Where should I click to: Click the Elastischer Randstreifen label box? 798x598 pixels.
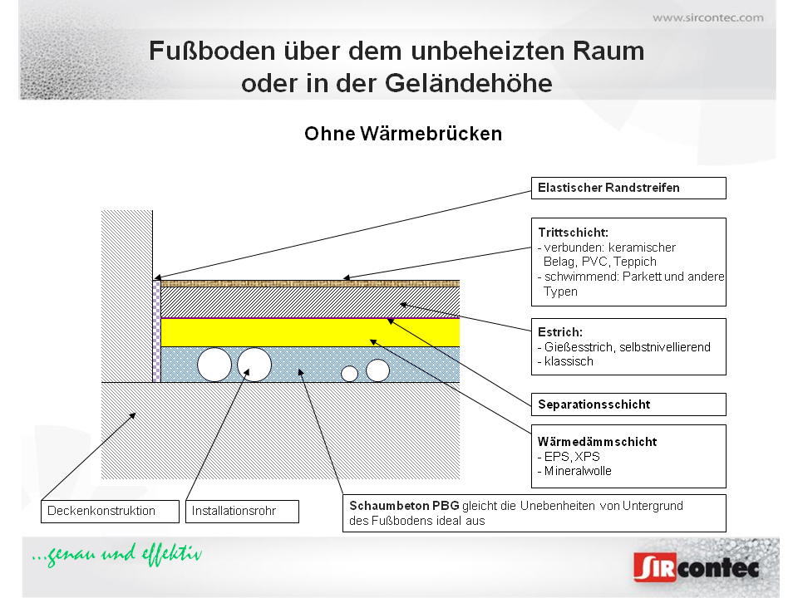(x=628, y=188)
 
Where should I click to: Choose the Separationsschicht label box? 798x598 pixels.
(x=628, y=404)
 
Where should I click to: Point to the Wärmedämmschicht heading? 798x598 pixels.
(x=597, y=442)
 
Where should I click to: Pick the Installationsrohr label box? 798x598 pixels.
(x=241, y=511)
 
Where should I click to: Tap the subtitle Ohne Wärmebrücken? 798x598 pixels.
(x=403, y=134)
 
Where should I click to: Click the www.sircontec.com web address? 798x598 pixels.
(x=707, y=17)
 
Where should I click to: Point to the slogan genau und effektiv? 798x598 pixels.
(x=116, y=555)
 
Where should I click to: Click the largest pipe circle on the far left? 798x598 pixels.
(x=214, y=365)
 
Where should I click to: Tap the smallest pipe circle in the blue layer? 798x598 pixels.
(x=350, y=374)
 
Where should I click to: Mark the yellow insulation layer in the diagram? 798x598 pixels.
(x=309, y=332)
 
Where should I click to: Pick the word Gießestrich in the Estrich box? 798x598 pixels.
(x=574, y=347)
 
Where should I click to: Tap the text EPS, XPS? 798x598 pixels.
(x=572, y=457)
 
